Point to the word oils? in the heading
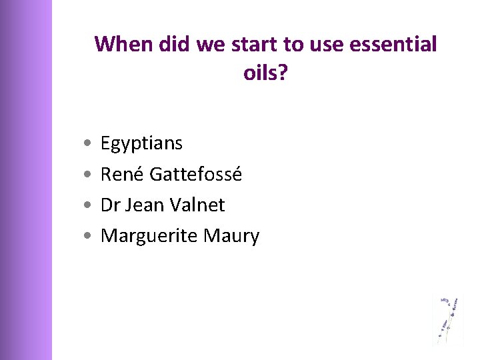pyautogui.click(x=265, y=73)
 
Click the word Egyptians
pyautogui.click(x=141, y=143)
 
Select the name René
pyautogui.click(x=122, y=174)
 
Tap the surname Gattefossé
pyautogui.click(x=196, y=174)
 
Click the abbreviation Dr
pyautogui.click(x=110, y=205)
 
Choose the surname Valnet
pyautogui.click(x=199, y=205)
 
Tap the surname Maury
pyautogui.click(x=232, y=236)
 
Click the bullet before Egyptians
pyautogui.click(x=89, y=144)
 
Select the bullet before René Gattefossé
pyautogui.click(x=89, y=175)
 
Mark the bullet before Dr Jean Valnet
pyautogui.click(x=89, y=205)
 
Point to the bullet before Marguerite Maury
pyautogui.click(x=89, y=236)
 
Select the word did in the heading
pyautogui.click(x=175, y=45)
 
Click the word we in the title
pyautogui.click(x=209, y=45)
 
